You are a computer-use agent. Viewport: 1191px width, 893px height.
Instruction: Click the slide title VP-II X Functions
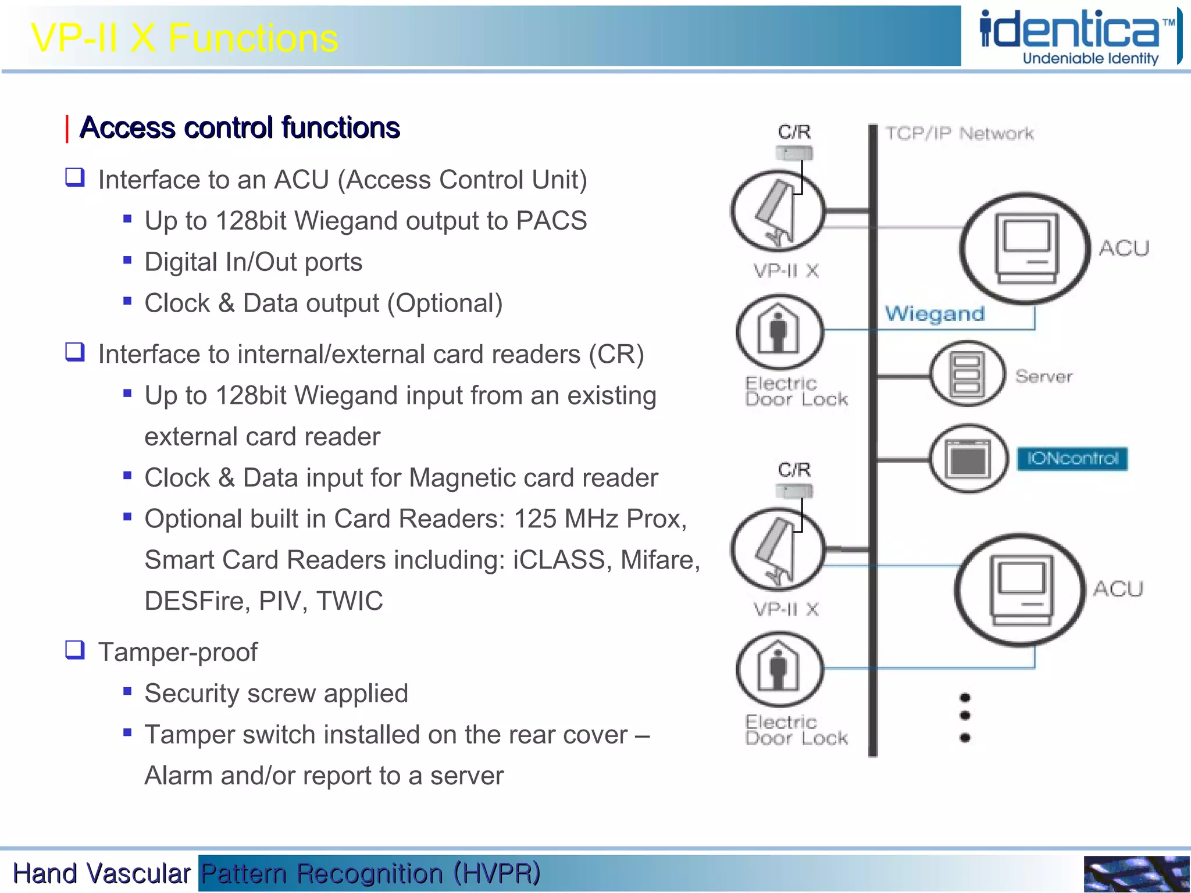tap(184, 38)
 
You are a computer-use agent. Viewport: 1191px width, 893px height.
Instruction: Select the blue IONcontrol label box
tap(1072, 459)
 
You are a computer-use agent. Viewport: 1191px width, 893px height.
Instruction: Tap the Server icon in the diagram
tap(967, 374)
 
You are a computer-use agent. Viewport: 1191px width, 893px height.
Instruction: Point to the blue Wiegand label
tap(935, 314)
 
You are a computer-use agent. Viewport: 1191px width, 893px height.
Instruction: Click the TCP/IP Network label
tap(959, 134)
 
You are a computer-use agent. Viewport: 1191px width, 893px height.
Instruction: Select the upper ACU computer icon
tap(1025, 248)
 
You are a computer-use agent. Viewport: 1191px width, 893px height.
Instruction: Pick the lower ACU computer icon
tap(1021, 590)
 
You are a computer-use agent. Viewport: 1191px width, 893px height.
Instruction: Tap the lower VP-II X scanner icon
tap(778, 549)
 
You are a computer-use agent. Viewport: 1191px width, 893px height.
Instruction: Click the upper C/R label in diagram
tap(794, 132)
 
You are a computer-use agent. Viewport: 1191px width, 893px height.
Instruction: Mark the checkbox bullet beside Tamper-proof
tap(75, 649)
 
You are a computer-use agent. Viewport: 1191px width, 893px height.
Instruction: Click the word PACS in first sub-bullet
tap(551, 221)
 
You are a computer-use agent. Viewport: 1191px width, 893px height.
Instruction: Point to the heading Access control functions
tap(240, 128)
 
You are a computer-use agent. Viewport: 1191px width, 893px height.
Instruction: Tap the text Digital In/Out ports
tap(253, 262)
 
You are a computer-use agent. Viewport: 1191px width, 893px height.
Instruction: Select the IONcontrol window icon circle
tap(968, 459)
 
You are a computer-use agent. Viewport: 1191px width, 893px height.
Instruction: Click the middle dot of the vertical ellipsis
tap(965, 716)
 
